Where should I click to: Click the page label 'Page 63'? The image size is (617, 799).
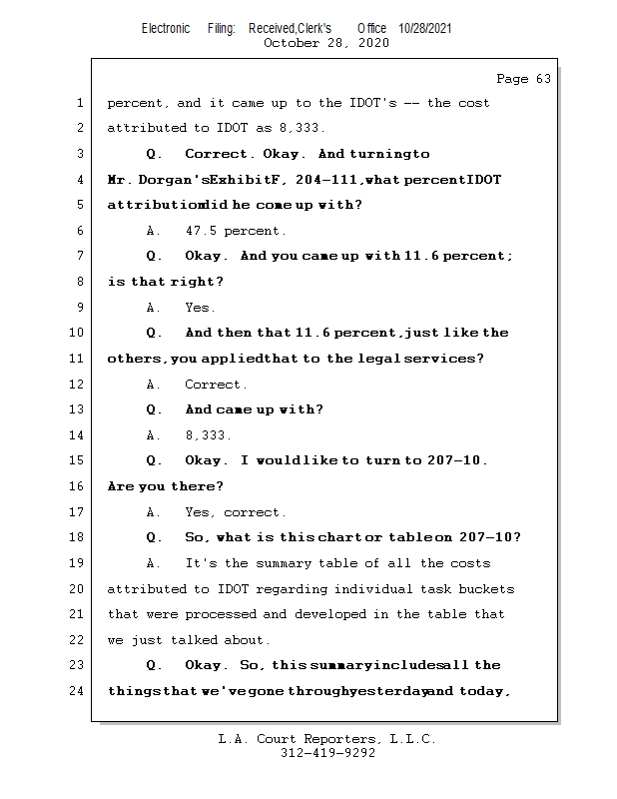523,79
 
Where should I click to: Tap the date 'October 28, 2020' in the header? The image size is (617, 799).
326,43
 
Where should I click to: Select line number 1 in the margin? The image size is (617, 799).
80,103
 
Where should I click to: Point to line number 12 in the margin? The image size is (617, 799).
77,385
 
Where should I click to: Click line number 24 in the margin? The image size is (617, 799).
77,691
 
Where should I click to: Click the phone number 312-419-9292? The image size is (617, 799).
327,754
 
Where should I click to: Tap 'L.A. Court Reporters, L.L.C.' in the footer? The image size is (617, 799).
327,740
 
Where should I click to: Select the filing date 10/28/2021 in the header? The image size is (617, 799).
425,29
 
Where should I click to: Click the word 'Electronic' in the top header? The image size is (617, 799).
166,29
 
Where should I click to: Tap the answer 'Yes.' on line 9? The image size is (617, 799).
200,308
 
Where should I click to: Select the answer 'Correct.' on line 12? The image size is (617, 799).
216,385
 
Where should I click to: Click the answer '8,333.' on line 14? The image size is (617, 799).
208,435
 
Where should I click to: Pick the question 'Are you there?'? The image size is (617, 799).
165,486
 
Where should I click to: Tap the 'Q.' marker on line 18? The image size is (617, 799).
154,537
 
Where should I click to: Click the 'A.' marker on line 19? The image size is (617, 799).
154,563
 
